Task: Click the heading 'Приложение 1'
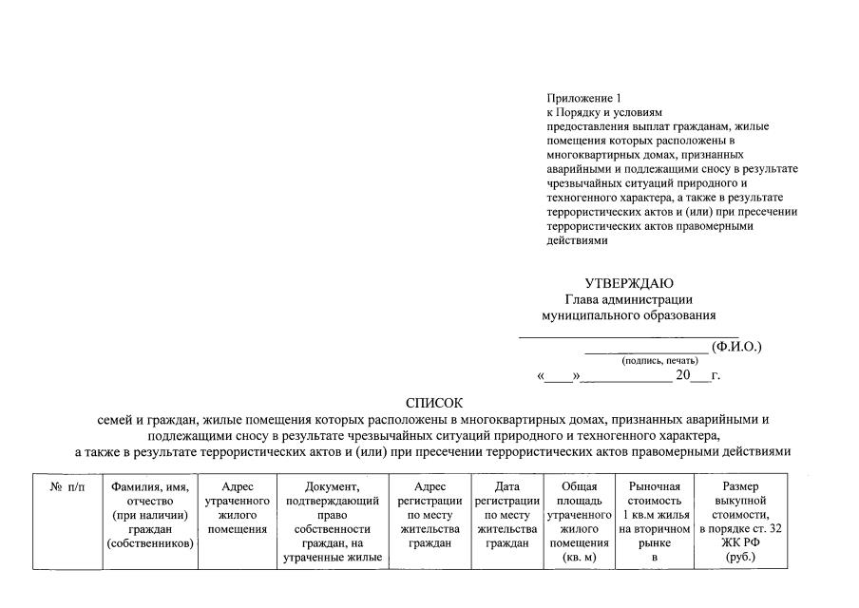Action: pos(583,99)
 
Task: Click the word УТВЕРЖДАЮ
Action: pos(629,283)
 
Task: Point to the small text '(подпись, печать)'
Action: pos(659,361)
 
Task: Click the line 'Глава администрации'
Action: pos(629,300)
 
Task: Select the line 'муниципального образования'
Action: pos(629,315)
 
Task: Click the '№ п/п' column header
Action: pos(67,486)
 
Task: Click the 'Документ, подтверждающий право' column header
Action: pos(332,500)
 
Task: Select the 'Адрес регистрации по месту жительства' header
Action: pos(429,514)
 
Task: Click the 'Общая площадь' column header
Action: pos(579,493)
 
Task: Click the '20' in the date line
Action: pos(682,376)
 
